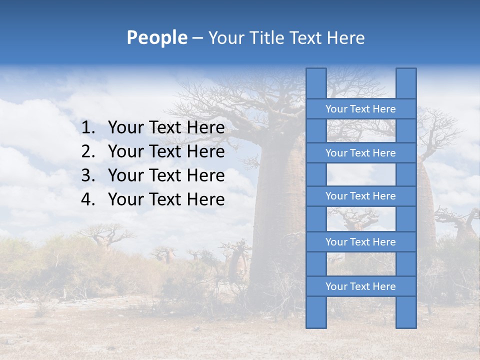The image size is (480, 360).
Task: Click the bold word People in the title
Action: [157, 38]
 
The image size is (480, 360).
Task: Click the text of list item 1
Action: [166, 128]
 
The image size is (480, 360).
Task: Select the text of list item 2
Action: [166, 151]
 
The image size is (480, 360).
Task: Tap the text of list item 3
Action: [166, 175]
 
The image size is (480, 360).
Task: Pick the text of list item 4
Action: [166, 199]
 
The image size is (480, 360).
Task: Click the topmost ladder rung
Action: [360, 109]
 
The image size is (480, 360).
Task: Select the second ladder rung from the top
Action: [360, 153]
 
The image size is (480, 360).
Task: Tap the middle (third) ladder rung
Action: [360, 196]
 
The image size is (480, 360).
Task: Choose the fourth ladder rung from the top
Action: [360, 242]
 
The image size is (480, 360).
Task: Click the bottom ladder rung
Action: [360, 286]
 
